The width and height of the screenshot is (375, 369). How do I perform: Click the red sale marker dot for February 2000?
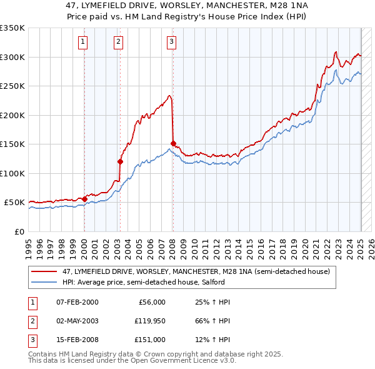[84, 199]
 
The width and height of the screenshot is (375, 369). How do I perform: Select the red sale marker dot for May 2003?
[120, 161]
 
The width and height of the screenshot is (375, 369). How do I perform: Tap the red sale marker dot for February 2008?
[173, 143]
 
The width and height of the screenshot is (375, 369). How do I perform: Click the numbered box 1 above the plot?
[83, 42]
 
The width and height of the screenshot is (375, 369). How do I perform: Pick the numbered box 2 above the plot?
[118, 42]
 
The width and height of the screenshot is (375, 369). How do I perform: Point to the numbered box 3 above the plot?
[171, 42]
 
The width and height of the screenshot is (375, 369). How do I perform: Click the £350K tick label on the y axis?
[12, 28]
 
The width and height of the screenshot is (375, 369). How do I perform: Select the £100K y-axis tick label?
[12, 173]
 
